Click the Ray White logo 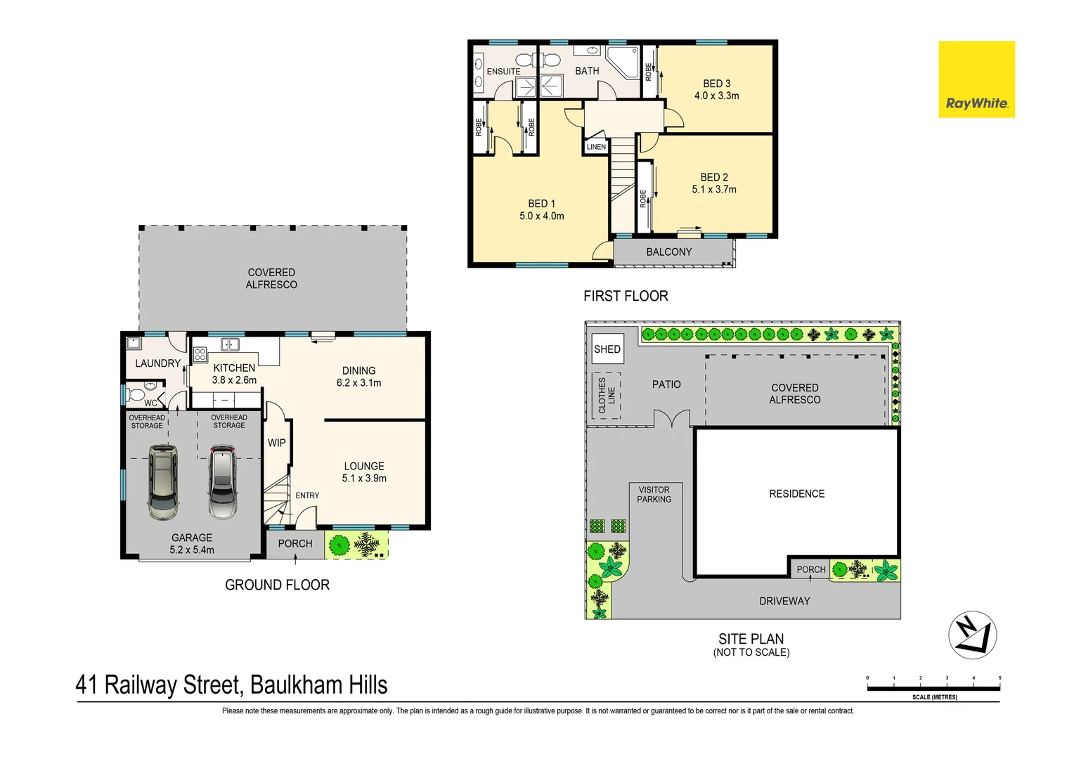point(976,79)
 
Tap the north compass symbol point(972,635)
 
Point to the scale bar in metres point(933,688)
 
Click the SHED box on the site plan point(607,349)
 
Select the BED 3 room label point(716,84)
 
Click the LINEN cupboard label point(596,147)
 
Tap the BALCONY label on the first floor point(668,252)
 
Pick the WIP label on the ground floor point(276,443)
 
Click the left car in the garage point(162,482)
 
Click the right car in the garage point(223,482)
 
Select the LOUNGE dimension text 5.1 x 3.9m point(364,479)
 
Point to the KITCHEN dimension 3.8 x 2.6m point(234,380)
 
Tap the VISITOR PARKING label point(654,495)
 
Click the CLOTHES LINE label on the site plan point(606,395)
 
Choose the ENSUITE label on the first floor point(503,72)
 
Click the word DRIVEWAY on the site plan point(784,602)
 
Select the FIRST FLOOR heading point(626,297)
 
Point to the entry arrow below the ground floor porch point(295,559)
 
